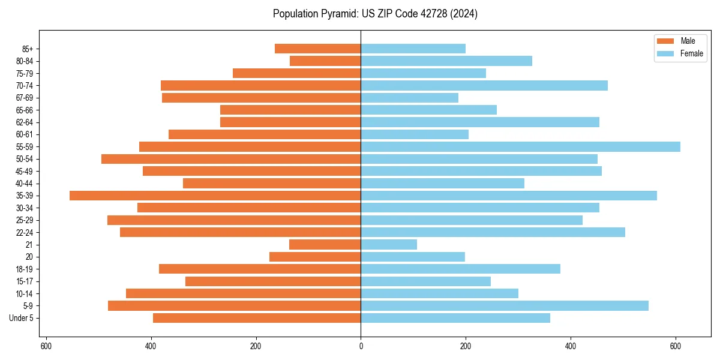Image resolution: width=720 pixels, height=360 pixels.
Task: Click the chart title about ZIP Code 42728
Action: click(x=375, y=14)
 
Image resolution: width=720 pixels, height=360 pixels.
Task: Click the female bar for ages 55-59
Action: click(x=520, y=146)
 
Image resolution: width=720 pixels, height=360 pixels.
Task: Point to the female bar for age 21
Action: click(x=389, y=244)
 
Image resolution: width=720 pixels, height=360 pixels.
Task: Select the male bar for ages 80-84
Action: click(x=325, y=61)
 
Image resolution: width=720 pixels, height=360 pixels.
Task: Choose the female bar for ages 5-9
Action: click(x=505, y=305)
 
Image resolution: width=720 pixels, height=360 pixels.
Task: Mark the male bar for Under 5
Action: click(x=257, y=318)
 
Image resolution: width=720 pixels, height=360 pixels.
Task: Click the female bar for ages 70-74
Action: click(x=484, y=85)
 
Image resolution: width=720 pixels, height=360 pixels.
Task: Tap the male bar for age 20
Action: click(x=315, y=257)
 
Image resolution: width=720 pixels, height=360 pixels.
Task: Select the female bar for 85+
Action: click(x=413, y=49)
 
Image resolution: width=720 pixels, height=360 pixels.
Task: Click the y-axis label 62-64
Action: click(x=25, y=122)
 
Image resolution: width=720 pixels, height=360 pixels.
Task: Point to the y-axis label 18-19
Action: click(x=25, y=269)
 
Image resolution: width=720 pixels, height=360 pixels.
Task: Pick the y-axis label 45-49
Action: click(x=25, y=171)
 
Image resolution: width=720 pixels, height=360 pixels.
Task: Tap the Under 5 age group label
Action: click(x=22, y=318)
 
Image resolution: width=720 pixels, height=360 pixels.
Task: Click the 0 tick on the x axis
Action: click(x=361, y=346)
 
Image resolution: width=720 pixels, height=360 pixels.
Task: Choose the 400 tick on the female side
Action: click(x=571, y=346)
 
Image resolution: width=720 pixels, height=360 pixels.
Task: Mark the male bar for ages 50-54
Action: click(x=231, y=159)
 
